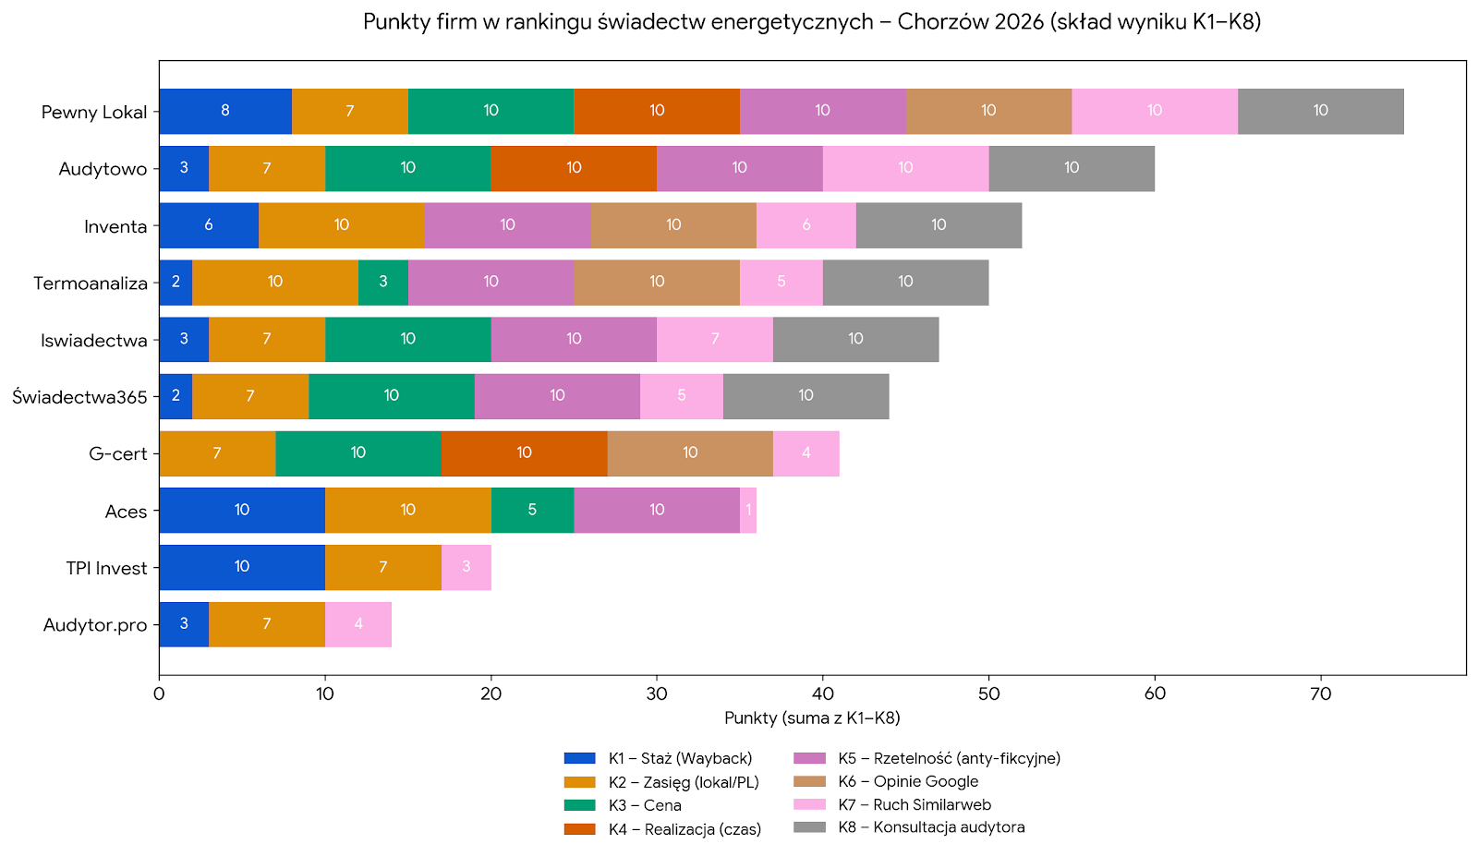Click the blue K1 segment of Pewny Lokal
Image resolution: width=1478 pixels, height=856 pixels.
pos(225,111)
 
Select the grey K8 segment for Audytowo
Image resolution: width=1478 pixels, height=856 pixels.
pos(1071,168)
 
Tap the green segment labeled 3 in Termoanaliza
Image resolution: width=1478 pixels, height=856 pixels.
pos(383,282)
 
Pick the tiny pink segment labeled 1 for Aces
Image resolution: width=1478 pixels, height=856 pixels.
pos(748,510)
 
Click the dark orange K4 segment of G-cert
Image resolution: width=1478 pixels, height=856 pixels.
pos(524,453)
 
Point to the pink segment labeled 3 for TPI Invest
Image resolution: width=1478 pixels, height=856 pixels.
pos(466,567)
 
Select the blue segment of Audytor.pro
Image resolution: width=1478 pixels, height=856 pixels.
pos(184,624)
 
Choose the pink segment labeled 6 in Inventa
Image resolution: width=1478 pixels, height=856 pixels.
pos(806,225)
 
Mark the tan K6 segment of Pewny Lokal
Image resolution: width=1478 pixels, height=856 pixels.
pos(988,111)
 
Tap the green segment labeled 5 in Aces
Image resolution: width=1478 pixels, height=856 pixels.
pos(532,510)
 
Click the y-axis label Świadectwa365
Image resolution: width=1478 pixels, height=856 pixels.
pos(79,397)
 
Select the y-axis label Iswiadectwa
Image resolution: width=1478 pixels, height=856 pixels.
pos(93,341)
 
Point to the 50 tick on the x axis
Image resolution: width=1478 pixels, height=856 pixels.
pos(988,693)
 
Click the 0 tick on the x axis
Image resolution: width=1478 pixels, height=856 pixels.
pos(159,693)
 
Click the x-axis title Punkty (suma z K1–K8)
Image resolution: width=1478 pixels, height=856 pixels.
pos(812,717)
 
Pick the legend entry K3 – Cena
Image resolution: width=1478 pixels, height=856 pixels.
pos(644,805)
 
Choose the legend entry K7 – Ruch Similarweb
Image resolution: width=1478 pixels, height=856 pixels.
pos(914,804)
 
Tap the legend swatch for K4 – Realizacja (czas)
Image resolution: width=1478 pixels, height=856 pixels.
pos(579,829)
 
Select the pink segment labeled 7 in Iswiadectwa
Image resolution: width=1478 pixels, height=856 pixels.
pos(714,339)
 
